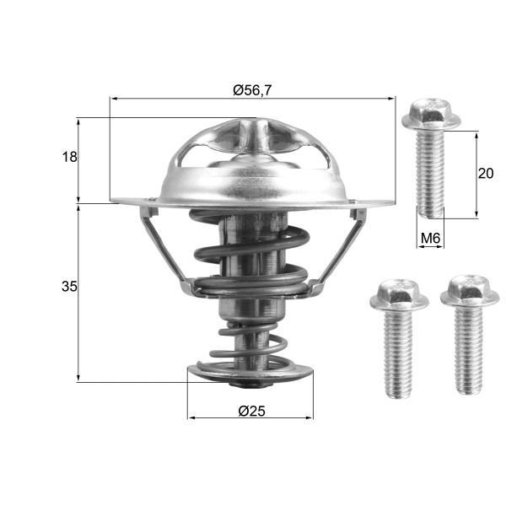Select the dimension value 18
[70, 157]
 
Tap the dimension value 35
[69, 287]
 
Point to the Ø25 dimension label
[252, 411]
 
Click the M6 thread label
[431, 239]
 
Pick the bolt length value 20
[485, 174]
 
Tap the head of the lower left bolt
[394, 293]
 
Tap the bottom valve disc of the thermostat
[250, 373]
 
